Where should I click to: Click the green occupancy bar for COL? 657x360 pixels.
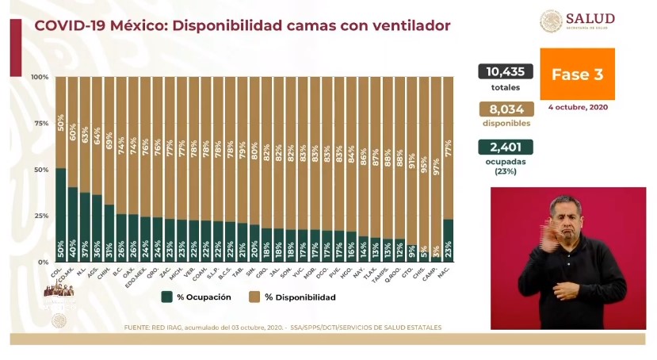[60, 214]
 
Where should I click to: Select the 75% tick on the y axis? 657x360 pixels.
[40, 124]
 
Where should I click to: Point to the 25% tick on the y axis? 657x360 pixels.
[40, 216]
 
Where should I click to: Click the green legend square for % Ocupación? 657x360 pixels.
[167, 297]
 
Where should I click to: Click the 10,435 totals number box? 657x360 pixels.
[506, 71]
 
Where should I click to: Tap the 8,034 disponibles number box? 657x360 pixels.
[506, 110]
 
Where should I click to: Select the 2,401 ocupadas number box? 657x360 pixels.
[506, 147]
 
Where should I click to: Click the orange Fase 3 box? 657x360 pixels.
[577, 75]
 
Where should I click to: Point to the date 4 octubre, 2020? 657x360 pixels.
[578, 107]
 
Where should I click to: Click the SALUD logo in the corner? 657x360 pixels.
[578, 21]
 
